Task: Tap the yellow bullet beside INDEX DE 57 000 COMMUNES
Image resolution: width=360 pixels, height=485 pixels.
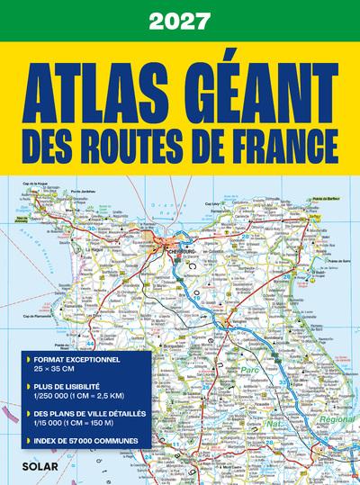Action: click(17, 441)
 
